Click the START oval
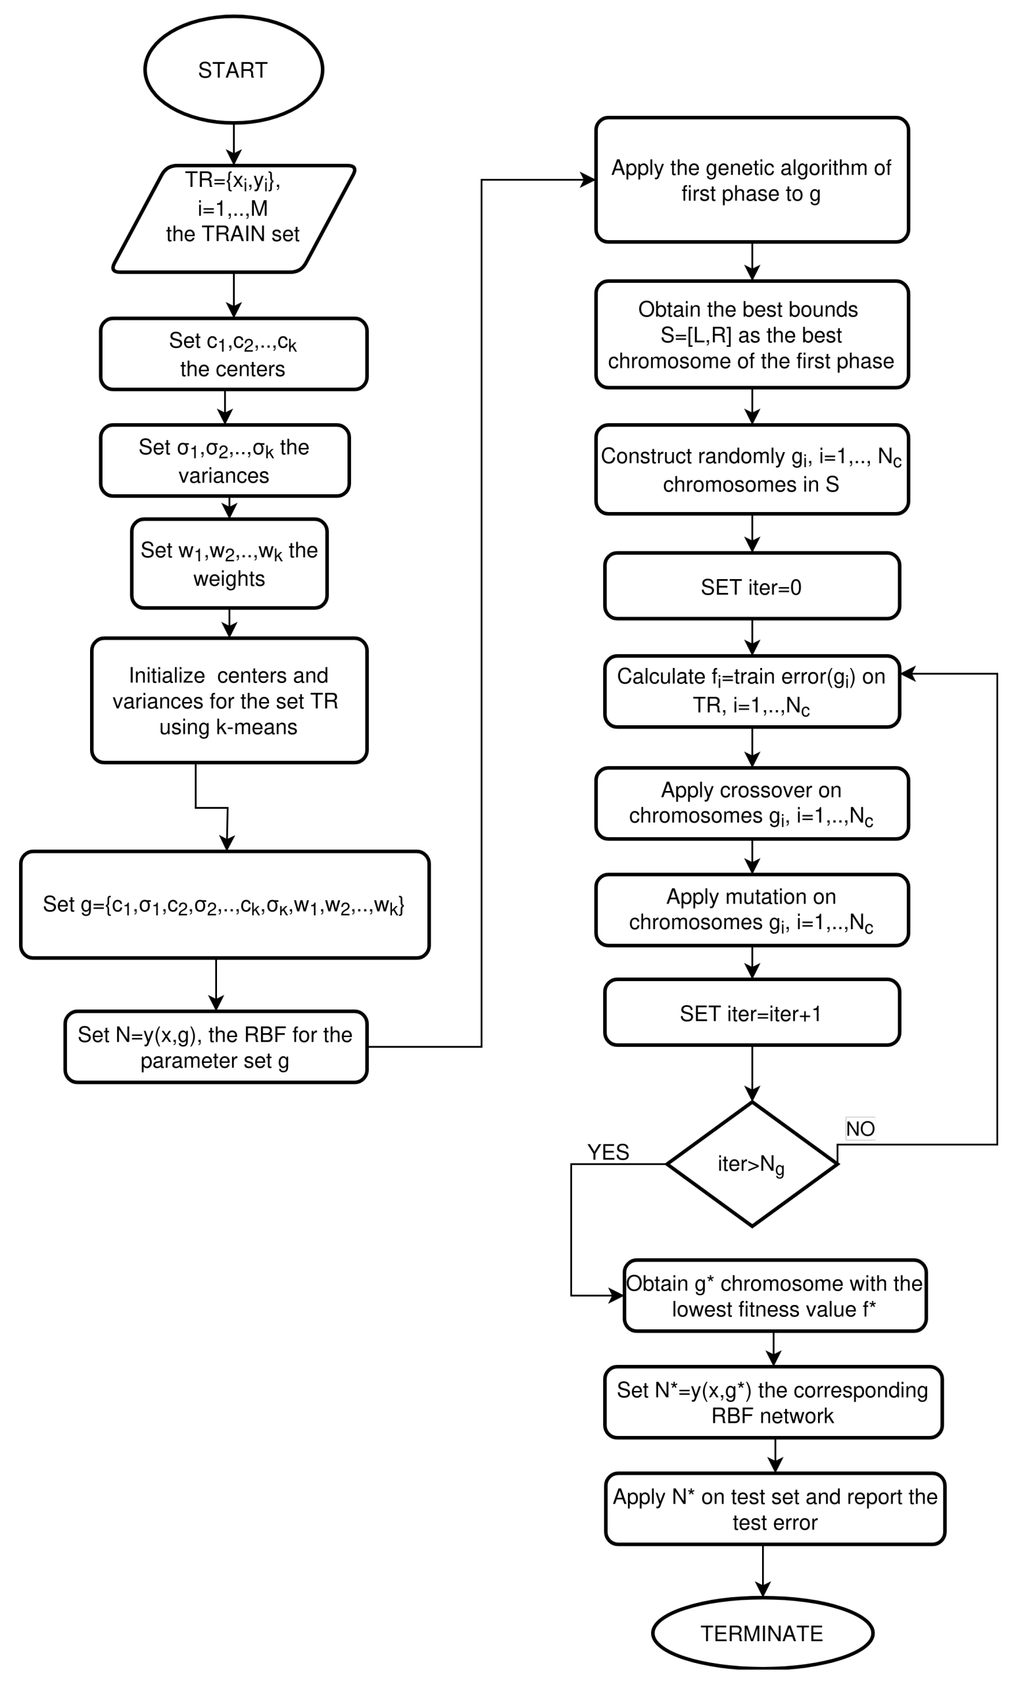coord(233,70)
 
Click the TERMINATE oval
coord(761,1633)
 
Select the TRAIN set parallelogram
coord(233,218)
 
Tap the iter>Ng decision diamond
coord(752,1164)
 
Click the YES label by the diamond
coord(608,1152)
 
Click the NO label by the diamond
coord(859,1129)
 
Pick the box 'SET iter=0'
coord(752,586)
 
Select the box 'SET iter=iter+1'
coord(752,1013)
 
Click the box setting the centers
coord(233,353)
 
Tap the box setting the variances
coord(224,461)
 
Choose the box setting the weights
coord(229,563)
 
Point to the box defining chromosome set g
coord(224,905)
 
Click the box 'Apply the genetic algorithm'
coord(752,180)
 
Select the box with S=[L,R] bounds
coord(752,334)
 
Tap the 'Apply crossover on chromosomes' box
coord(752,803)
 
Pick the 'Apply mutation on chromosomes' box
coord(752,909)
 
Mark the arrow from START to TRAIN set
coord(233,144)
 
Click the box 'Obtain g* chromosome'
coord(775,1295)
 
